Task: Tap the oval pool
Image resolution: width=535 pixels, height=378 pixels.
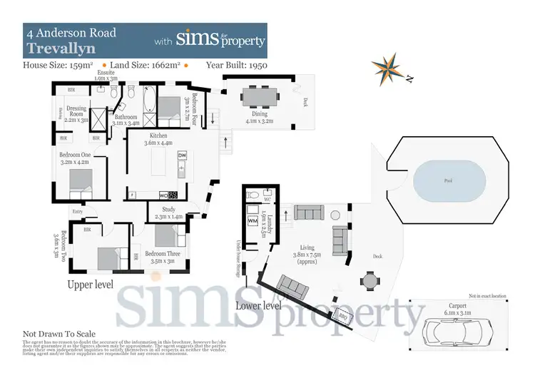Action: point(448,181)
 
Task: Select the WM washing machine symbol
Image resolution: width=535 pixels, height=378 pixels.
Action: point(252,221)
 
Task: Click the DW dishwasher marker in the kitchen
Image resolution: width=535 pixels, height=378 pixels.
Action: point(182,155)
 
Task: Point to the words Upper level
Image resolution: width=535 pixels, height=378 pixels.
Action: point(91,285)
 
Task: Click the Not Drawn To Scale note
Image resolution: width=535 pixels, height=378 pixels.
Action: point(59,334)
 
